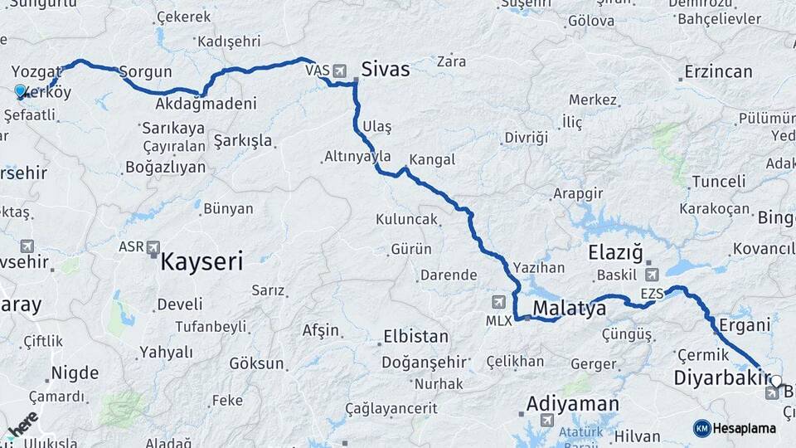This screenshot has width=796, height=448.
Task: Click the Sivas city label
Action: pyautogui.click(x=386, y=69)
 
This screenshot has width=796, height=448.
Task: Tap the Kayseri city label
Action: pyautogui.click(x=201, y=263)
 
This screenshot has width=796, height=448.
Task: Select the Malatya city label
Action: pyautogui.click(x=569, y=309)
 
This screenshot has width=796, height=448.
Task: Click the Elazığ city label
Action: pyautogui.click(x=615, y=252)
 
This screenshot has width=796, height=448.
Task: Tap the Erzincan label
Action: pyautogui.click(x=718, y=72)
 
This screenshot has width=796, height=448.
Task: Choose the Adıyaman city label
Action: pyautogui.click(x=572, y=405)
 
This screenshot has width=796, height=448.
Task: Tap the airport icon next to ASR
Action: pyautogui.click(x=153, y=247)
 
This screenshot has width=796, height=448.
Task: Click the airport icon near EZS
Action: pyautogui.click(x=653, y=275)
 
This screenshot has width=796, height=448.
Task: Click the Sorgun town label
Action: pyautogui.click(x=146, y=72)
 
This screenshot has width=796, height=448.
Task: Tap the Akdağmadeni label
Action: pyautogui.click(x=205, y=105)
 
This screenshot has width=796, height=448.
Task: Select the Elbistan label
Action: pyautogui.click(x=415, y=338)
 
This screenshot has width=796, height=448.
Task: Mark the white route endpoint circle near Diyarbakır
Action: pyautogui.click(x=776, y=382)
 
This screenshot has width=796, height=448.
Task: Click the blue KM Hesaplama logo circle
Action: pyautogui.click(x=701, y=428)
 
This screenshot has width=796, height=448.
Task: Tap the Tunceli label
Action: pyautogui.click(x=719, y=182)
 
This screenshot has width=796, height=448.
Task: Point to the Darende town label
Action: pyautogui.click(x=449, y=275)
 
